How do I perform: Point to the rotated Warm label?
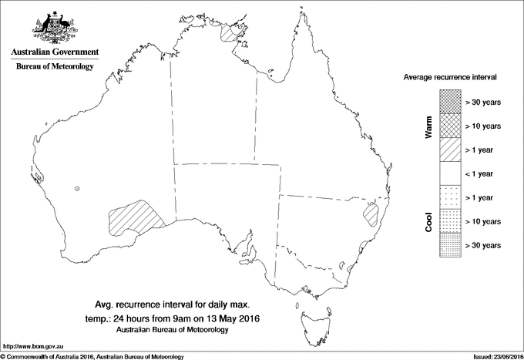pyautogui.click(x=428, y=127)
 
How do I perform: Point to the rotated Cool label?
pyautogui.click(x=428, y=221)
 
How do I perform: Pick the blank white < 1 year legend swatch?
pyautogui.click(x=449, y=174)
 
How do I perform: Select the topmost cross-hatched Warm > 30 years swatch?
pyautogui.click(x=449, y=102)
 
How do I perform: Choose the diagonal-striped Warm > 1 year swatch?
pyautogui.click(x=449, y=150)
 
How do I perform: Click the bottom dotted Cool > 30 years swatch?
pyautogui.click(x=449, y=245)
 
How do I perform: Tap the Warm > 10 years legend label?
pyautogui.click(x=483, y=126)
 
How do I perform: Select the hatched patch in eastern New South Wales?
pyautogui.click(x=372, y=212)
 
